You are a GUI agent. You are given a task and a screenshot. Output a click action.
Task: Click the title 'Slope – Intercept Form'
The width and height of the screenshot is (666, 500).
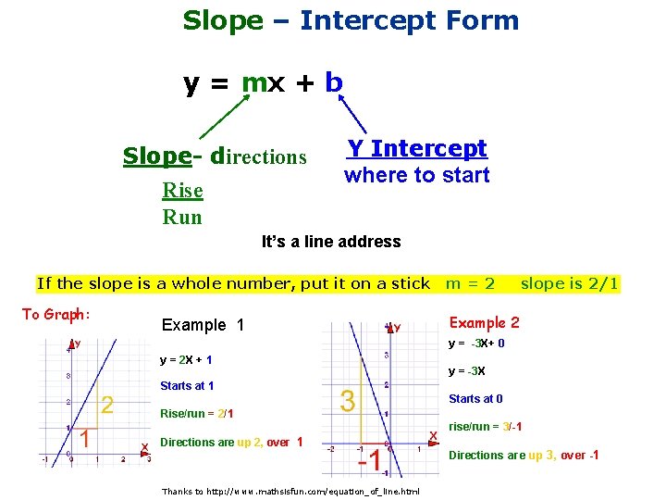(351, 20)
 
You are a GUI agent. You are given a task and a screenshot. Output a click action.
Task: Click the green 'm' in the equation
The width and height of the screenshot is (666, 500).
(254, 82)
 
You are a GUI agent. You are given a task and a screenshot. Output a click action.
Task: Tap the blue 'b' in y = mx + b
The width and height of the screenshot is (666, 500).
(334, 82)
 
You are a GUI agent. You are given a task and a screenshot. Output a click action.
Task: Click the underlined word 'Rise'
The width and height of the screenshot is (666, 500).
(182, 191)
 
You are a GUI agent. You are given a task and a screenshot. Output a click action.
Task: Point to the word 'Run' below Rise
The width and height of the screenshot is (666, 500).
(181, 217)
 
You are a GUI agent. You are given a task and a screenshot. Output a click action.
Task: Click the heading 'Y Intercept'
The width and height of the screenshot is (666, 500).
(416, 148)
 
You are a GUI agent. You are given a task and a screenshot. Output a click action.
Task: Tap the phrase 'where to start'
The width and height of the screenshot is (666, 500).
(416, 175)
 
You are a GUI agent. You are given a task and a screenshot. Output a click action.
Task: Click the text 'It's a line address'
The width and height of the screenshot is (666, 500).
(331, 242)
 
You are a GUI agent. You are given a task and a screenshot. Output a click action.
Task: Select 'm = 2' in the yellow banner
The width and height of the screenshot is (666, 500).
(470, 283)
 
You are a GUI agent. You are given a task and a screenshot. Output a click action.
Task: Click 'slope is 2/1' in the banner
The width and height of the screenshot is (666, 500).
(569, 283)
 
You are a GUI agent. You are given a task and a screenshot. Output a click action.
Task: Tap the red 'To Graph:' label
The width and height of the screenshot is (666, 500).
(55, 315)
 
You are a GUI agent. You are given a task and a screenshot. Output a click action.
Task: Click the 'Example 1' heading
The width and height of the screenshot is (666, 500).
(203, 325)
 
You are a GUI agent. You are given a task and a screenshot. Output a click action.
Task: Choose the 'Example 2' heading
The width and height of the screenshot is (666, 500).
(484, 322)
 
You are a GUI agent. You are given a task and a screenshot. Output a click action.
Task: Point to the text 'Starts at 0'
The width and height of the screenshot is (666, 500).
(475, 399)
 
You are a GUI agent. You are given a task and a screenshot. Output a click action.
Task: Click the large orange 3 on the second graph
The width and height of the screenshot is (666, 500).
(348, 401)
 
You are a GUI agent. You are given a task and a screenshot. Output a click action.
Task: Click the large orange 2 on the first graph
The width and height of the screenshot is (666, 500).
(107, 405)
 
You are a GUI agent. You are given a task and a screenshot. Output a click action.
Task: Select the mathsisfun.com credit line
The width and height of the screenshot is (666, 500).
(290, 491)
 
